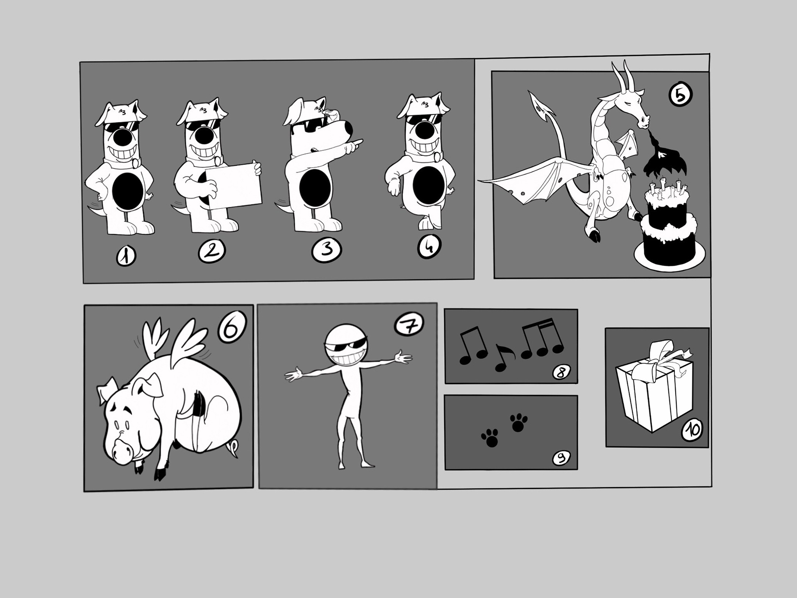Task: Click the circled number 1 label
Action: tap(126, 256)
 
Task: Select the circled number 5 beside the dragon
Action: tap(680, 95)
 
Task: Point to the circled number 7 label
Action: tap(409, 324)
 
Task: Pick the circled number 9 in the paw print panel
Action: tap(561, 458)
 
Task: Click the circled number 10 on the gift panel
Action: tap(692, 430)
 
